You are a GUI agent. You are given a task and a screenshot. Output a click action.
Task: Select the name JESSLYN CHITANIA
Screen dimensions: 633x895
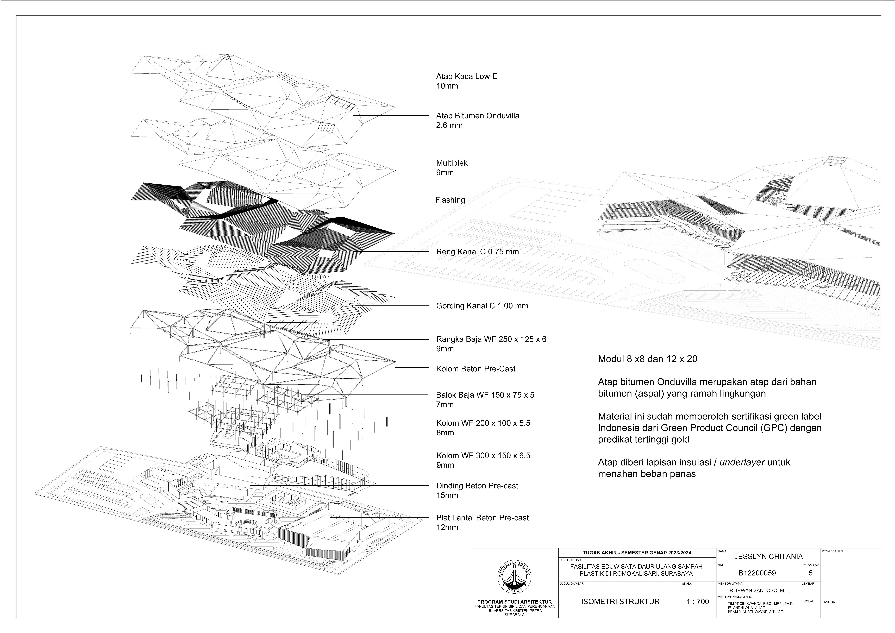click(768, 557)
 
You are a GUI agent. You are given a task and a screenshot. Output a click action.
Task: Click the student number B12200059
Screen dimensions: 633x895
click(757, 573)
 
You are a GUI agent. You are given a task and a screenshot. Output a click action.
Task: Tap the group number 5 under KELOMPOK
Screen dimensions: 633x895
click(810, 573)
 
